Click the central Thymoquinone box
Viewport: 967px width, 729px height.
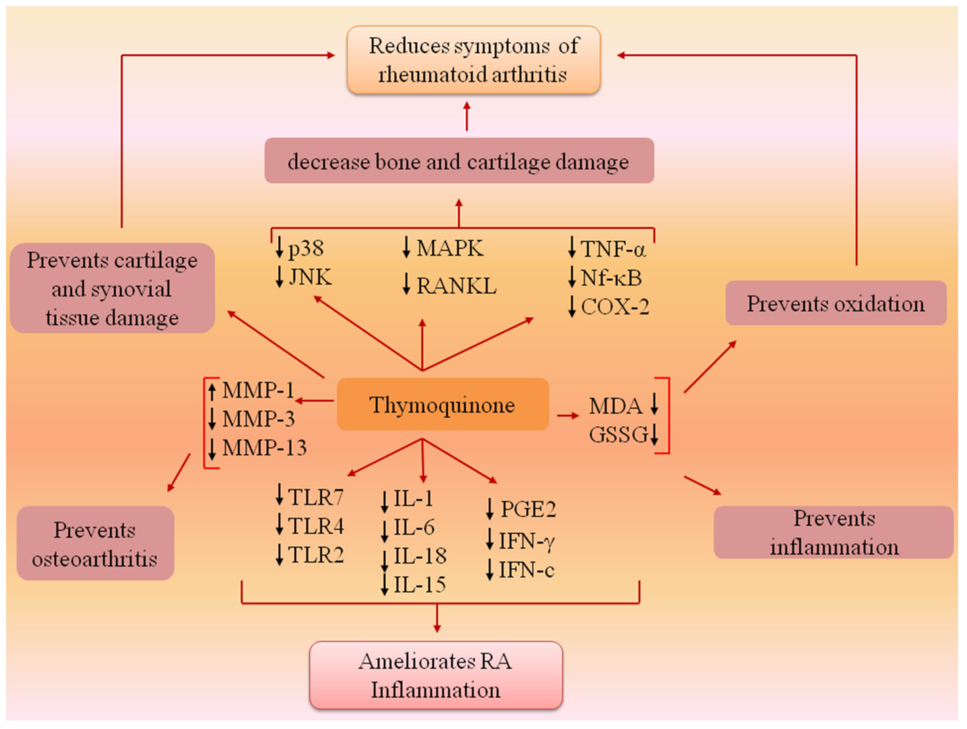tap(443, 404)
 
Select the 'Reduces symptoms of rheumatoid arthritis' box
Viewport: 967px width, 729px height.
tap(473, 60)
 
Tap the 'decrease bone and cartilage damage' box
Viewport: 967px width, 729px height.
tap(459, 161)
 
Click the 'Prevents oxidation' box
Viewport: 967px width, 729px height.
tap(836, 303)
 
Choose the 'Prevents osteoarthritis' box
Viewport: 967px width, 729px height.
tap(95, 544)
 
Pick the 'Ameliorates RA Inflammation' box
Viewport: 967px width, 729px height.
tap(436, 675)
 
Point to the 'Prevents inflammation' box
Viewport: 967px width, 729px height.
tap(833, 532)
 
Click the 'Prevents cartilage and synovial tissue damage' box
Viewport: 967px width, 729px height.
tap(111, 288)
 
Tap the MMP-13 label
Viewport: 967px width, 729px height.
tap(264, 448)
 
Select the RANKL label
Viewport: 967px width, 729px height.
tap(456, 286)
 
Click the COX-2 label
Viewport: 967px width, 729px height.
tap(615, 307)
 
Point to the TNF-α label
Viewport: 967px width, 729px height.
tap(613, 249)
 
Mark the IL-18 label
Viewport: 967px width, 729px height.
tap(420, 556)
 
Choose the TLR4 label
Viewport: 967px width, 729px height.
tap(316, 526)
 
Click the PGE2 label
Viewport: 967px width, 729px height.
tap(527, 509)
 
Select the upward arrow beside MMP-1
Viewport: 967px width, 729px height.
tap(212, 391)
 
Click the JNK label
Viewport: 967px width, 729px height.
tap(310, 277)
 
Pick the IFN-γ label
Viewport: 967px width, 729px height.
tap(527, 541)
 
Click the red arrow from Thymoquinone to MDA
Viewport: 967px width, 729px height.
tap(568, 416)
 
